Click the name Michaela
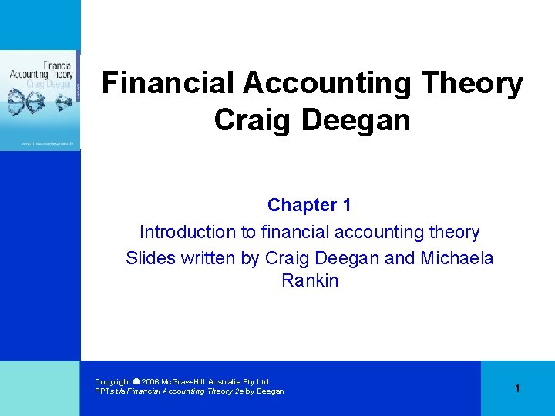pos(456,258)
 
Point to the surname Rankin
pos(310,280)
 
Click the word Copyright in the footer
pos(113,381)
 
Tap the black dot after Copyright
pos(136,381)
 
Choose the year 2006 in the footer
pos(150,381)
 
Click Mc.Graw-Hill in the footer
pos(183,381)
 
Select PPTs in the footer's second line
pos(104,391)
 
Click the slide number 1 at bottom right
pos(517,388)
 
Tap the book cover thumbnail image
pos(40,100)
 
